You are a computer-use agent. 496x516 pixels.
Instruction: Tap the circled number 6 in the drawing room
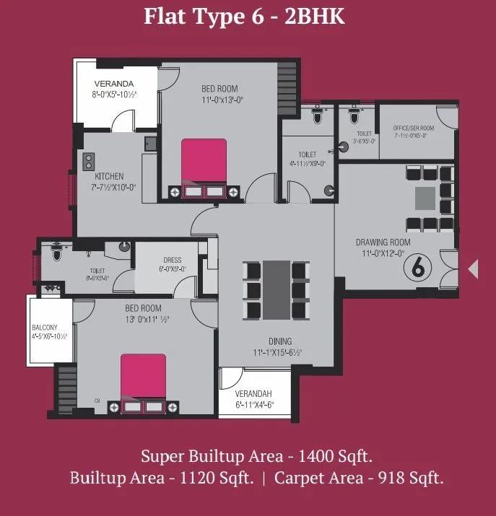point(417,266)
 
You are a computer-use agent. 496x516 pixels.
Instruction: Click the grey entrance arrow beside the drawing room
point(474,268)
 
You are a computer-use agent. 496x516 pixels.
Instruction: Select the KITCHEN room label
point(109,176)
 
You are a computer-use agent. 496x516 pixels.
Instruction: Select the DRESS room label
point(172,260)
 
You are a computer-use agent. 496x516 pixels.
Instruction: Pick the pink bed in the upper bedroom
point(204,161)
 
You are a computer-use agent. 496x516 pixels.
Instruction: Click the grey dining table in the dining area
point(276,289)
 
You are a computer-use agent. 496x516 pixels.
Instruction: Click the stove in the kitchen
point(90,160)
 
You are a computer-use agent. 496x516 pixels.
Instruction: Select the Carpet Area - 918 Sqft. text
point(359,478)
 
